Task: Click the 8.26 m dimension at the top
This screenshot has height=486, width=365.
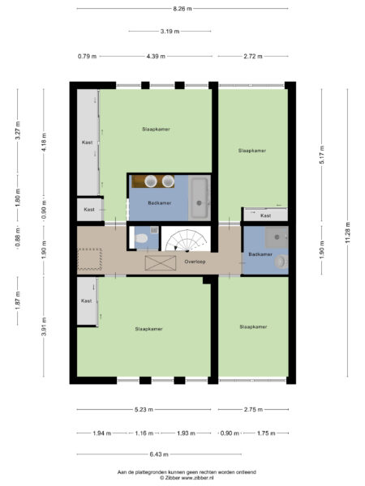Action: point(183,8)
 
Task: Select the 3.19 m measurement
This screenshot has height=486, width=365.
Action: point(170,32)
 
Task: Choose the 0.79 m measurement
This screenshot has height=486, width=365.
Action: point(87,56)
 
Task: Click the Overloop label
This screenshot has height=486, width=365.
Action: point(194,262)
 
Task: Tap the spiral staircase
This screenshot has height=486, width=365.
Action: point(186,241)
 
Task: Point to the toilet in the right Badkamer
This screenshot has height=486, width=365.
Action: point(280,262)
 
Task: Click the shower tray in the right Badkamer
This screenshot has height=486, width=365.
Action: point(277,237)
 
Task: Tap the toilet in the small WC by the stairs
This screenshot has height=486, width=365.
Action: point(140,239)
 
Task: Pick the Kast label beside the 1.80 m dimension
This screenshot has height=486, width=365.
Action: point(88,210)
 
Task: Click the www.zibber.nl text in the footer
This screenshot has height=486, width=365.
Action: point(195,478)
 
